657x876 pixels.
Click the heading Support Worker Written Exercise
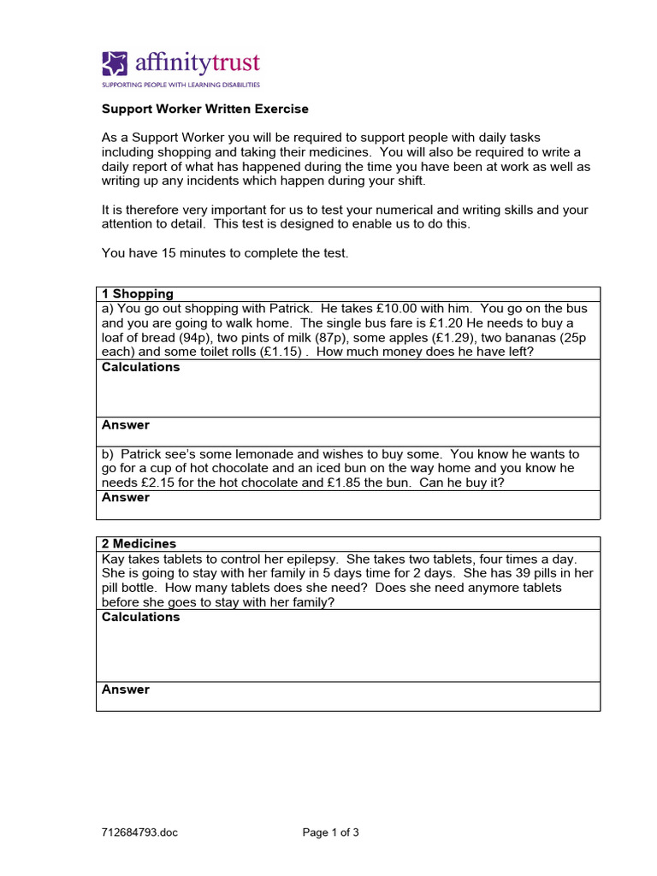(205, 109)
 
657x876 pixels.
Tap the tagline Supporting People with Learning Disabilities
(181, 85)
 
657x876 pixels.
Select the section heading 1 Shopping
(138, 294)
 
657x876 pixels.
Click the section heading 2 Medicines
(139, 544)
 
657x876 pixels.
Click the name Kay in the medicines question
(114, 559)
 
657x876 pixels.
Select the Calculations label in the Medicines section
(141, 617)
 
